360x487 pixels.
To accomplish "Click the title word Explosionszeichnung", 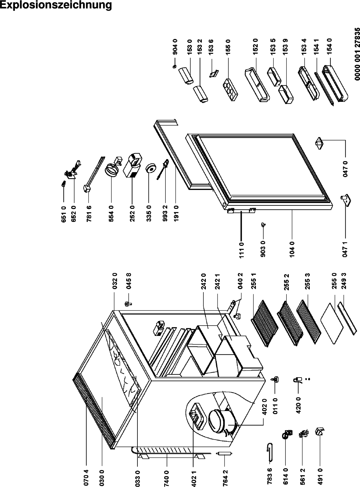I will click(x=56, y=5).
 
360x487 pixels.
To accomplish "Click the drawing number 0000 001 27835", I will click(x=356, y=54).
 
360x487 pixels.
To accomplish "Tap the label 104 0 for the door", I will click(x=292, y=248).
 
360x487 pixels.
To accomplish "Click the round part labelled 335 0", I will click(x=151, y=168).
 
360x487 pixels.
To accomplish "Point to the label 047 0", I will click(x=345, y=168).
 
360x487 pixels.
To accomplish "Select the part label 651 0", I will click(x=64, y=214).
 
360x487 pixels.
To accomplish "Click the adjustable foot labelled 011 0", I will click(x=276, y=379).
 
